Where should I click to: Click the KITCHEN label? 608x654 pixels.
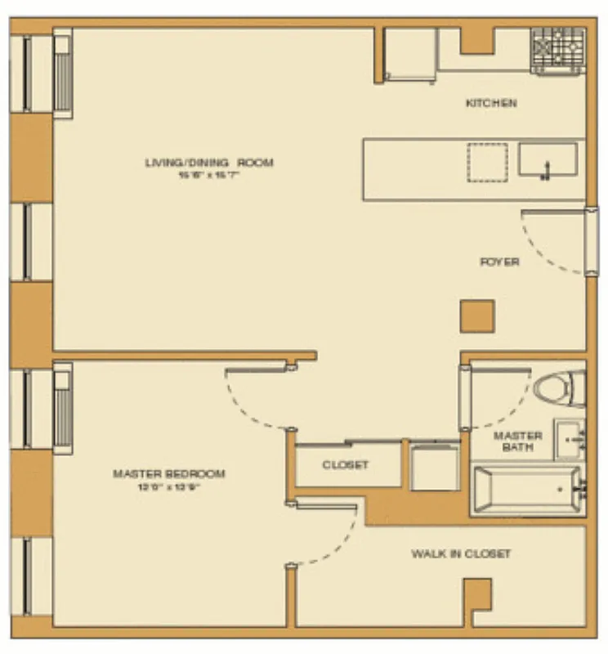point(490,104)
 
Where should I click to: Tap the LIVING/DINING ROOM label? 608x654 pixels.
point(209,163)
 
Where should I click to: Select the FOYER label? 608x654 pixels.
point(498,262)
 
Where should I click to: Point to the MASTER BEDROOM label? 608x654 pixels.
point(168,474)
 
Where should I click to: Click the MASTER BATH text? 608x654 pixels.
point(518,441)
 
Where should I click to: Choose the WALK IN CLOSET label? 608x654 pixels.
point(461,554)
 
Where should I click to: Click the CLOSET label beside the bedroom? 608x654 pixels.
point(346,465)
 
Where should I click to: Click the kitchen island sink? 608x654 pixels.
point(548,159)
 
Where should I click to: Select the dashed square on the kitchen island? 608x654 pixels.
point(487,162)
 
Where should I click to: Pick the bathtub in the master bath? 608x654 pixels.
point(526,490)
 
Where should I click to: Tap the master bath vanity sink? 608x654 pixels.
point(569,440)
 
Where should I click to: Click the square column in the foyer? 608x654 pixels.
point(476,316)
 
